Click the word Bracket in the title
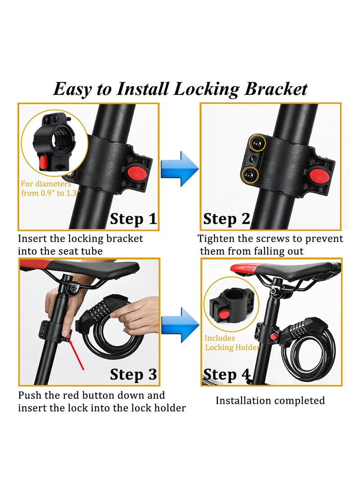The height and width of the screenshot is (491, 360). (x=275, y=89)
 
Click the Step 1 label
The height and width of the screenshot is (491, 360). (x=133, y=219)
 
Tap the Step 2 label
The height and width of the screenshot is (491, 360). (x=226, y=219)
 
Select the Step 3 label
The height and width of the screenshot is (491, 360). (x=133, y=374)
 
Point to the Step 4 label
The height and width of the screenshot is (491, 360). (x=226, y=374)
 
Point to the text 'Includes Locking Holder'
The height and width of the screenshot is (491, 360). (x=232, y=342)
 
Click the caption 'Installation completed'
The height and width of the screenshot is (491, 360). (x=270, y=400)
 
